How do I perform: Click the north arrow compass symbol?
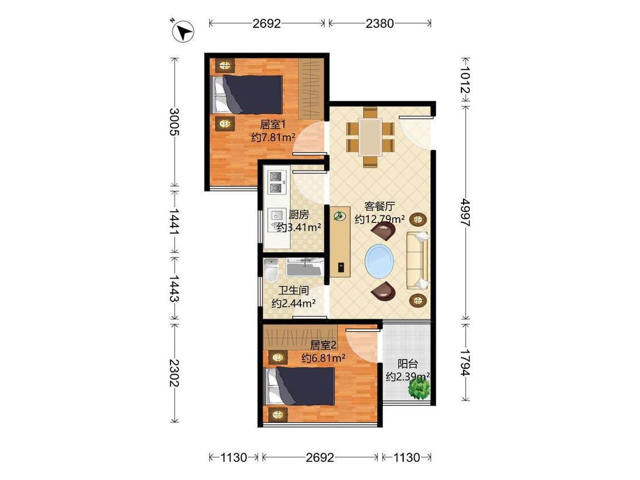183,31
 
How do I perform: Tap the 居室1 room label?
272,124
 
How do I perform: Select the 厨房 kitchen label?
299,215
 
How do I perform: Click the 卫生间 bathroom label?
294,291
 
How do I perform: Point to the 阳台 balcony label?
407,363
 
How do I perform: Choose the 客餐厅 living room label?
379,206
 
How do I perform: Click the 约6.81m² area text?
323,358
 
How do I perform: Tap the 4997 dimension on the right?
465,212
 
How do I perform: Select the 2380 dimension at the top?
379,23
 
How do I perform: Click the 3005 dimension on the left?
174,122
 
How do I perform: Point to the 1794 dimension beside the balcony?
465,362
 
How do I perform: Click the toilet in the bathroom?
271,270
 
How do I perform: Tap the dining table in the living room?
370,137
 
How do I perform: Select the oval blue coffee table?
379,260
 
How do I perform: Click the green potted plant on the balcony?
419,390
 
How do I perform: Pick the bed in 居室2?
300,386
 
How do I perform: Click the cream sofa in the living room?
417,260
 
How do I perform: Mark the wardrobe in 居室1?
311,89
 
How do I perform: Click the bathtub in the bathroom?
304,268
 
